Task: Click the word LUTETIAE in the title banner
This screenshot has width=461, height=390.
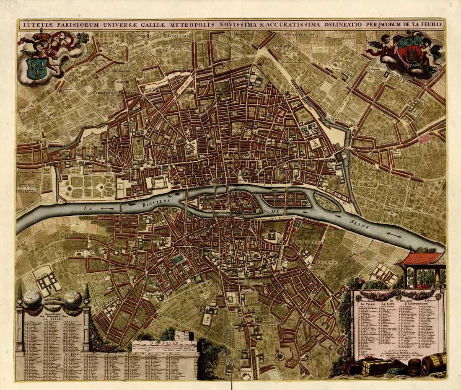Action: [x=36, y=25]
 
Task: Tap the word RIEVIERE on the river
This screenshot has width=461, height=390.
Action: [x=155, y=195]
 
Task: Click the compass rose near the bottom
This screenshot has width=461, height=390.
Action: [x=279, y=356]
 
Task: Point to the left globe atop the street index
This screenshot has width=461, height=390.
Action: [x=32, y=299]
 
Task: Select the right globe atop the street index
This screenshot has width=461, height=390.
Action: [x=73, y=299]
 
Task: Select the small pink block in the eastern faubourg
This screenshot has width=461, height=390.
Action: [x=424, y=139]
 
